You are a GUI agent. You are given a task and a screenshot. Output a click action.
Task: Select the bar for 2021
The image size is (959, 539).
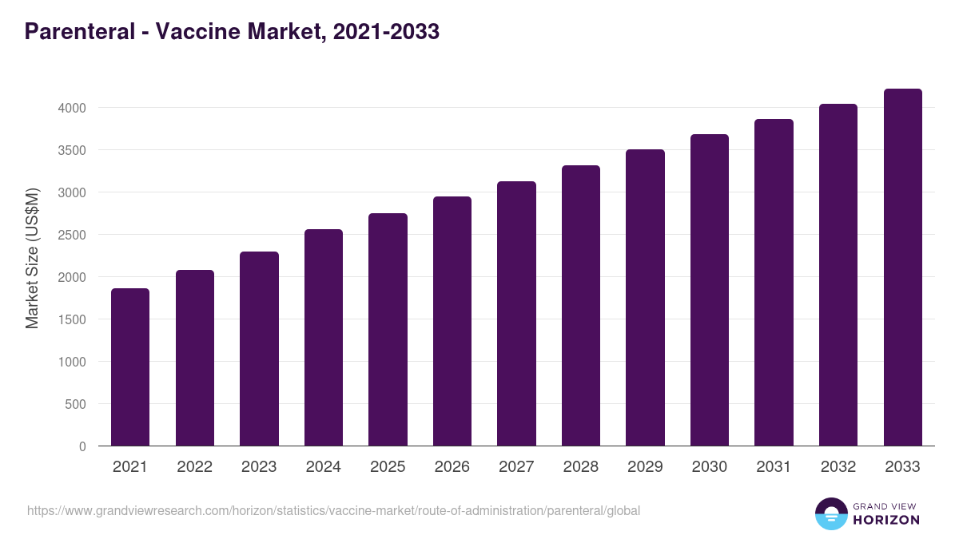(x=130, y=367)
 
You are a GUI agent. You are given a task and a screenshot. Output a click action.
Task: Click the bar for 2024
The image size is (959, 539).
(x=324, y=338)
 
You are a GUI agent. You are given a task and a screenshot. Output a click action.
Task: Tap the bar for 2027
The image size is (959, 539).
(x=516, y=314)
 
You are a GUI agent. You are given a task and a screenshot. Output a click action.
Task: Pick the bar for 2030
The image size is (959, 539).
(x=710, y=290)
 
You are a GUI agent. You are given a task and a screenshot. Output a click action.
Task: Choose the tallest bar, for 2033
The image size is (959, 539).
(x=902, y=268)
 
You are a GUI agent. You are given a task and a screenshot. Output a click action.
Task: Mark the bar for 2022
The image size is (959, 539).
(x=195, y=358)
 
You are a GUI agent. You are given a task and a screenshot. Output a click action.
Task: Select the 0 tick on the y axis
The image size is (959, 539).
(x=82, y=446)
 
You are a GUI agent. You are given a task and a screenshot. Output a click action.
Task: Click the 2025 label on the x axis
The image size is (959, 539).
(x=388, y=467)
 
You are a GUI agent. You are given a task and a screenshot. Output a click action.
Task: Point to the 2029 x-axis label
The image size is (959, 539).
(x=645, y=467)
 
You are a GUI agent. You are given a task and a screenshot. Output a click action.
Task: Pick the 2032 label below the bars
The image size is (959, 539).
(x=838, y=467)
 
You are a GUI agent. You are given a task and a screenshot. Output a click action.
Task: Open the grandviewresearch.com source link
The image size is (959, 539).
(x=333, y=510)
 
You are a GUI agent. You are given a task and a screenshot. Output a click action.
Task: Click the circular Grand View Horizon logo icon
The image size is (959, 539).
(x=830, y=513)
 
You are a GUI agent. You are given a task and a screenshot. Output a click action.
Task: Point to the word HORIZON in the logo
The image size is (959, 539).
(x=886, y=520)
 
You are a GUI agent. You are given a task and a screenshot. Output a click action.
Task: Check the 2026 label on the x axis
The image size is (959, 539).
(x=452, y=467)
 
